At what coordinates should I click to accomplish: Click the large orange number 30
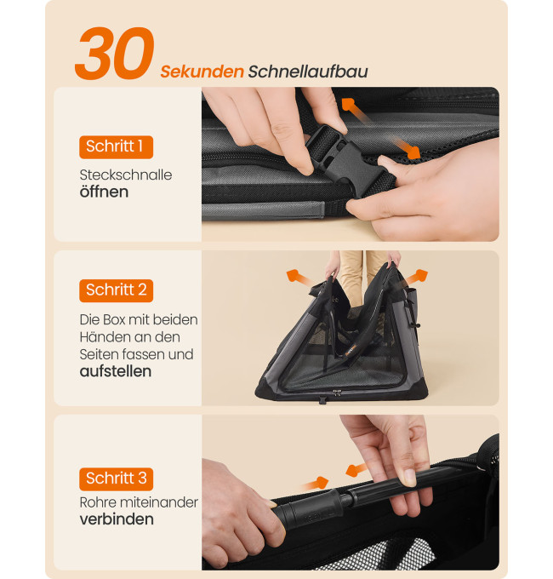pos(114,53)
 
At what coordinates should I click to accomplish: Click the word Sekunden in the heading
pos(202,72)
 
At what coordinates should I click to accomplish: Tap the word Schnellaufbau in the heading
pos(308,72)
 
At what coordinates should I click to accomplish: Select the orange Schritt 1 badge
pos(116,147)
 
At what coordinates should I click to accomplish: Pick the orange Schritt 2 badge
pos(116,290)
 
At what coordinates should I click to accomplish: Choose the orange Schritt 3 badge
pos(116,479)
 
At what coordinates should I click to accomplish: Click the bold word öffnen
pos(104,192)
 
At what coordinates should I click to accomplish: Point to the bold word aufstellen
pos(116,371)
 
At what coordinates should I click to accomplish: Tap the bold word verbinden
pos(117,519)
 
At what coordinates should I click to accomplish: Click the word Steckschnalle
pos(126,175)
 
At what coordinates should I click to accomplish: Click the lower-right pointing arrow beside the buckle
pos(406,147)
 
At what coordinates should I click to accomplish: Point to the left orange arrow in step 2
pos(300,278)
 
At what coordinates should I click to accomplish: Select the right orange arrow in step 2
pos(415,278)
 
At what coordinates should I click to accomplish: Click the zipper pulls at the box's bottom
pos(337,393)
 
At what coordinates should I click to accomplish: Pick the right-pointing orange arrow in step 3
pos(316,484)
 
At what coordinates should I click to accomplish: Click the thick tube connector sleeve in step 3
pos(310,507)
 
